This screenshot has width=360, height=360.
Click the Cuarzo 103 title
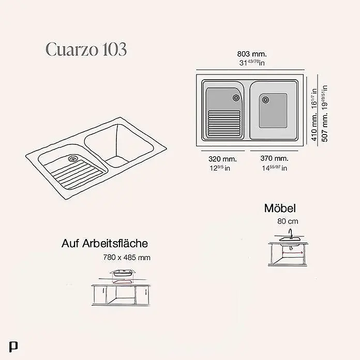(86, 49)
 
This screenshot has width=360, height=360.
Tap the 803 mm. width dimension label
(252, 54)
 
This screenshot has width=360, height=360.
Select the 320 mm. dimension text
(222, 159)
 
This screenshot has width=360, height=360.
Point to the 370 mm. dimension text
(274, 158)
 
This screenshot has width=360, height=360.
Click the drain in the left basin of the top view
(236, 98)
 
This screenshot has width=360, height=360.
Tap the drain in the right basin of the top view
(265, 100)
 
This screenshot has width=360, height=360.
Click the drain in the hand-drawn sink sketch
(73, 158)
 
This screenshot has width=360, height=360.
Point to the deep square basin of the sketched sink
(119, 145)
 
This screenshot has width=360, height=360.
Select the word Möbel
(280, 208)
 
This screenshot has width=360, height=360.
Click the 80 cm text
(288, 221)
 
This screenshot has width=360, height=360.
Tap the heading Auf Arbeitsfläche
(104, 244)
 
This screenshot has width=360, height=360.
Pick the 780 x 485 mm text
(127, 258)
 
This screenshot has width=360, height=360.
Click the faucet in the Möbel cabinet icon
(291, 233)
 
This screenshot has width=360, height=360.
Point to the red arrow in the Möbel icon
(292, 253)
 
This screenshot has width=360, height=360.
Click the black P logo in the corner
(13, 347)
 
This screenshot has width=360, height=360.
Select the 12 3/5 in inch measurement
(220, 168)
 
